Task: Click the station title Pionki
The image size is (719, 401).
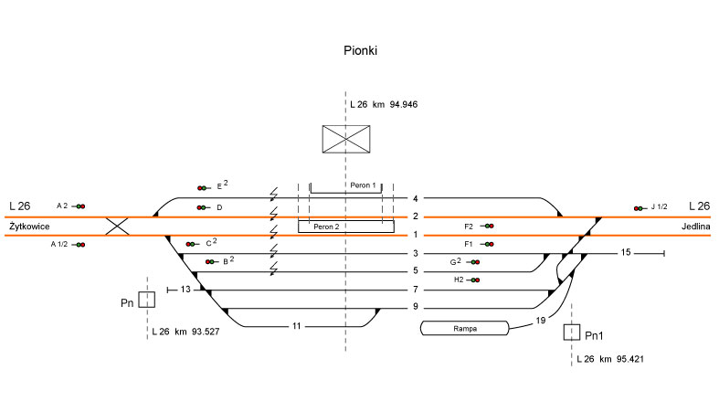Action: click(x=360, y=52)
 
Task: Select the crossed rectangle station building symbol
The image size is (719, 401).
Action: click(x=345, y=139)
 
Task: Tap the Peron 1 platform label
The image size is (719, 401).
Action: click(x=363, y=185)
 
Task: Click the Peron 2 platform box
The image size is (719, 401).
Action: click(x=345, y=226)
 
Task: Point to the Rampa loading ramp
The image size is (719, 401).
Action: click(x=463, y=327)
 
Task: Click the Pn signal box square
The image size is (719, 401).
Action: click(x=146, y=299)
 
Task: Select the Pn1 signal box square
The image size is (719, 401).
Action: click(x=573, y=332)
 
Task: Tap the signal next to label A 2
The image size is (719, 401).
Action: click(x=79, y=206)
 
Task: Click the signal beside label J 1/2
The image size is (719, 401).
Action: click(x=639, y=208)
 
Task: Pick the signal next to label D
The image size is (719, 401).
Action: click(x=201, y=208)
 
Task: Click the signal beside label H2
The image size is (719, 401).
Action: click(x=474, y=280)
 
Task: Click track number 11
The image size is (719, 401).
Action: click(x=296, y=325)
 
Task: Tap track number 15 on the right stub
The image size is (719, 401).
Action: click(x=625, y=252)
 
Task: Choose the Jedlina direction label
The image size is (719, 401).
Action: click(x=694, y=226)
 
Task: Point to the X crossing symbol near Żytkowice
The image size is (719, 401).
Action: click(x=117, y=226)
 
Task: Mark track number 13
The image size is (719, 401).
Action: click(x=185, y=290)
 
